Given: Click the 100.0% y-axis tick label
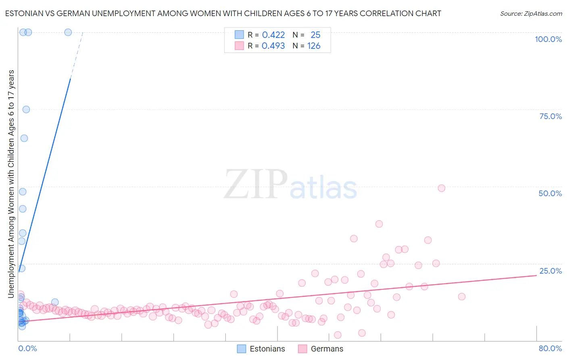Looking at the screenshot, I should point(548,39).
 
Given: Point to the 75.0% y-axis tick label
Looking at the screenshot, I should point(550,116).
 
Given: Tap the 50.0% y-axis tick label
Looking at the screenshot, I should point(550,193).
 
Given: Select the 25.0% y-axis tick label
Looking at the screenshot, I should point(550,271).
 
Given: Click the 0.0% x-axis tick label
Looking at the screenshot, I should point(27,348).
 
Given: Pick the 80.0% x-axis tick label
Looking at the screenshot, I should point(550,348).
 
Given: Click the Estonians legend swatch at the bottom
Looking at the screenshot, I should point(242,349).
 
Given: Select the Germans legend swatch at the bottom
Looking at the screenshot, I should point(303,349).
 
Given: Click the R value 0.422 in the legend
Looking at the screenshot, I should point(273,35).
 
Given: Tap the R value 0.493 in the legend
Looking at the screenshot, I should point(273,46).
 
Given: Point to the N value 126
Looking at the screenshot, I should point(314,46).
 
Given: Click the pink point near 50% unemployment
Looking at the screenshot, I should point(442,188).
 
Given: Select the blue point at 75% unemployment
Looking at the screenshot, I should point(26,109).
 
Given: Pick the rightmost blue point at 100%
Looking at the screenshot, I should point(68,32).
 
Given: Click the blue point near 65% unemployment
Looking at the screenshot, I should point(24,138).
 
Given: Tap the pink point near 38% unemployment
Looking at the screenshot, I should point(379,224).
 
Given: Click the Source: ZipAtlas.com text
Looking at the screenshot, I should point(531,13).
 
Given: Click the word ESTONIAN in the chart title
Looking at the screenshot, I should point(25,13).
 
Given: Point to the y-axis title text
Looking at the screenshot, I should point(11,184).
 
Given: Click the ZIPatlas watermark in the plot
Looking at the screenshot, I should point(290,185).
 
